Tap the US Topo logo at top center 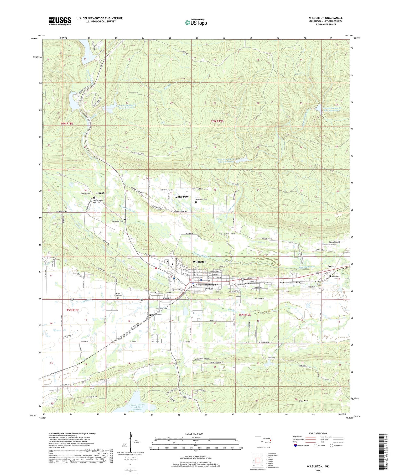pyautogui.click(x=196, y=23)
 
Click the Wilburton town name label pyautogui.click(x=199, y=262)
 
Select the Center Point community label pyautogui.click(x=182, y=197)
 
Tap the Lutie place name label pyautogui.click(x=331, y=266)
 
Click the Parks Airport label pyautogui.click(x=334, y=242)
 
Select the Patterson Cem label pyautogui.click(x=117, y=221)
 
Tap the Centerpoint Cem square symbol pyautogui.click(x=196, y=202)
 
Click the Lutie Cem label pyautogui.click(x=336, y=276)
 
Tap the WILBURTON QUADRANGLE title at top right pyautogui.click(x=326, y=18)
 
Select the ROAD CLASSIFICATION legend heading pyautogui.click(x=318, y=433)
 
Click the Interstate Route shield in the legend pyautogui.click(x=295, y=446)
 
